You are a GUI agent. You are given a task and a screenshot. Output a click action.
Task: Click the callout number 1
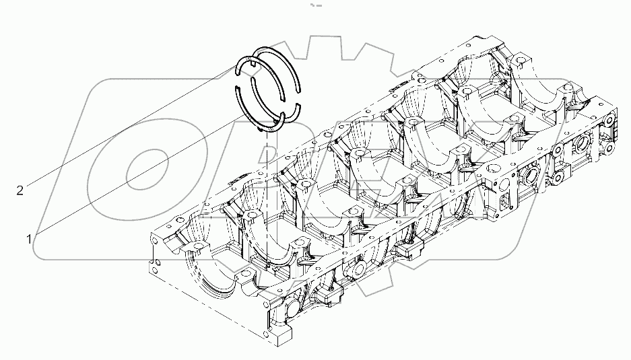tap(29, 238)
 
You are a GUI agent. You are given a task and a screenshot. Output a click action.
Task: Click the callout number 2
tap(20, 191)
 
